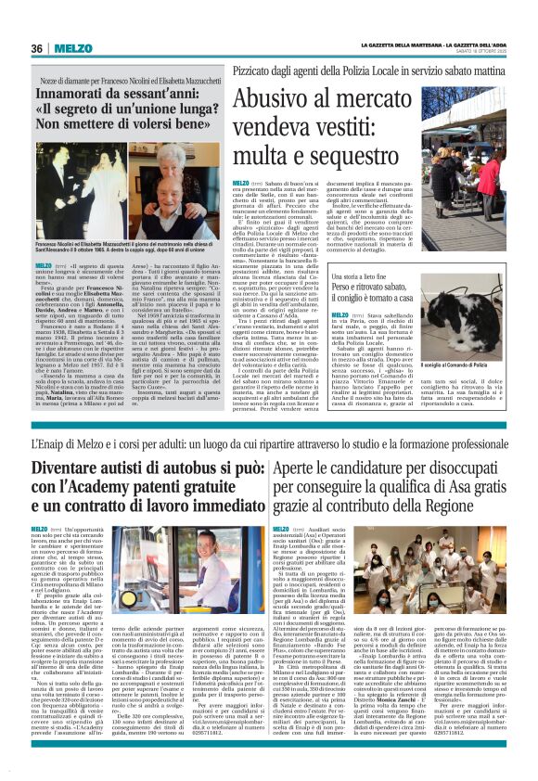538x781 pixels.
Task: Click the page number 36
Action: pyautogui.click(x=37, y=49)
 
